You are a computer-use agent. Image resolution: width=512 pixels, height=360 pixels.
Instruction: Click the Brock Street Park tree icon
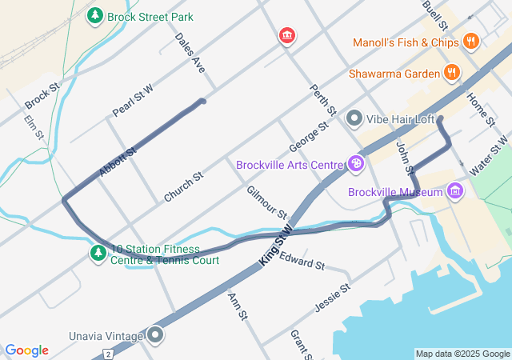click(x=95, y=15)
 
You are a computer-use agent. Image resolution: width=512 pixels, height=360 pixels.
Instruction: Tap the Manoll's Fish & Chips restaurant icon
click(x=470, y=42)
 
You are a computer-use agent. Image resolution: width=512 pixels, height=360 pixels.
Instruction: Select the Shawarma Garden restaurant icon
click(x=453, y=74)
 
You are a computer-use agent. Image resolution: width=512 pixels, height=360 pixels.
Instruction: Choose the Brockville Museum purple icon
click(x=456, y=192)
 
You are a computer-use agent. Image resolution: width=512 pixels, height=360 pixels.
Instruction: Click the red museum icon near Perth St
click(x=286, y=36)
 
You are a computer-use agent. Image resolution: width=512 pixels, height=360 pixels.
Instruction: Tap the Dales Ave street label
click(x=190, y=53)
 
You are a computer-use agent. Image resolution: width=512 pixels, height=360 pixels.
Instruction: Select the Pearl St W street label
click(x=133, y=101)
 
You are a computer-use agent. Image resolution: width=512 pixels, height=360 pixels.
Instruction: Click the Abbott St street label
click(x=118, y=161)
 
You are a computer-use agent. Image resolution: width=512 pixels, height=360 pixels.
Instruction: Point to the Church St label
click(x=184, y=186)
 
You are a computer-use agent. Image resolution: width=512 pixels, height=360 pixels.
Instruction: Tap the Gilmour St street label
click(x=266, y=202)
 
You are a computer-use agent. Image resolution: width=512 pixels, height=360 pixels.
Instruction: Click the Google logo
click(x=26, y=350)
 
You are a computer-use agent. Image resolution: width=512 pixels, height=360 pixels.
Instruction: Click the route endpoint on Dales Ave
click(x=202, y=101)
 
